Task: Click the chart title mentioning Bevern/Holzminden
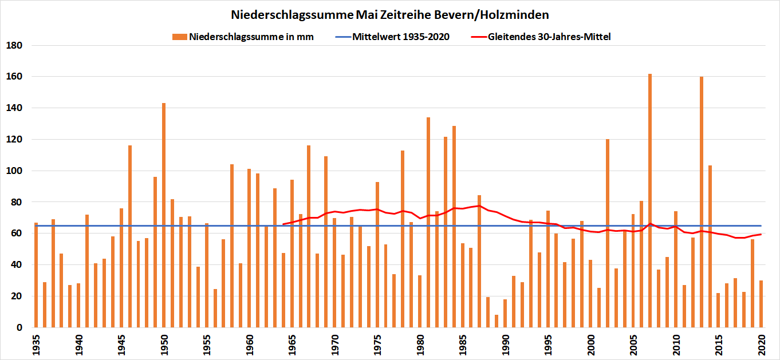(390, 14)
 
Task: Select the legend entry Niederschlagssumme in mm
(251, 37)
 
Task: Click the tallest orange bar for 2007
(650, 200)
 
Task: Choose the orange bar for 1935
(36, 275)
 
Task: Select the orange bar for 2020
(761, 304)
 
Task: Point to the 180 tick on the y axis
(13, 45)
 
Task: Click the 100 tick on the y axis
(13, 171)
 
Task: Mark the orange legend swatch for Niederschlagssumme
(180, 37)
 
